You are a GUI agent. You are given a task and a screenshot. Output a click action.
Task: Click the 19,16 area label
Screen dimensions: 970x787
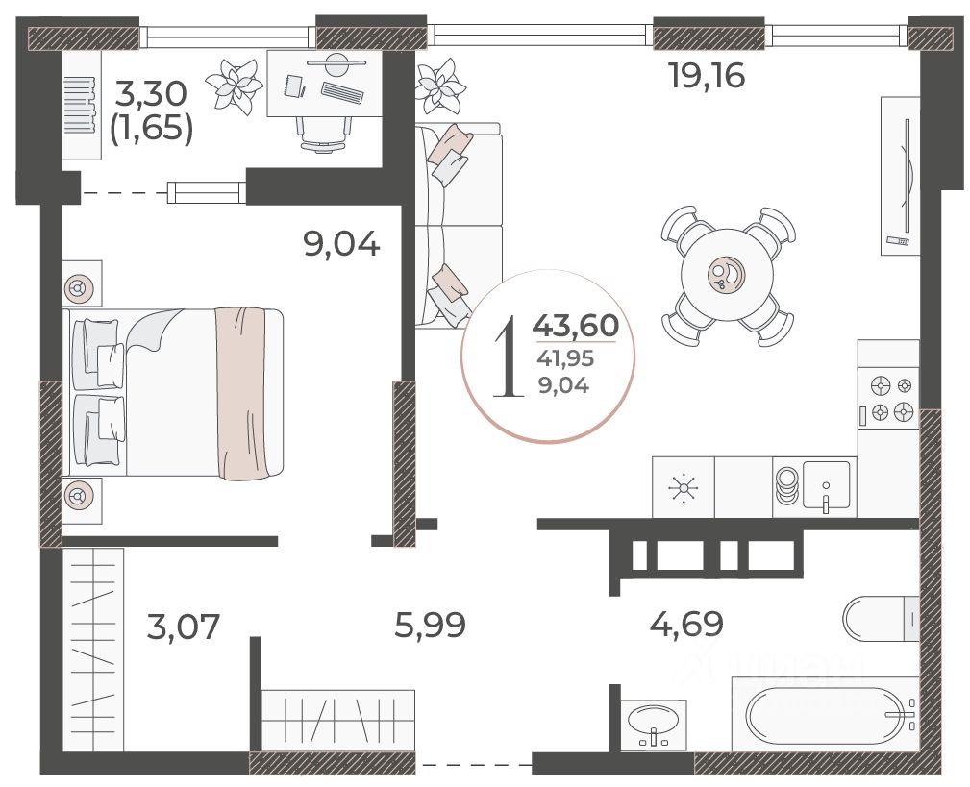[x=708, y=76]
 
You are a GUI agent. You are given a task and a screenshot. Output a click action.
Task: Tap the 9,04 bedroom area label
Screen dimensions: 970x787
[x=341, y=244]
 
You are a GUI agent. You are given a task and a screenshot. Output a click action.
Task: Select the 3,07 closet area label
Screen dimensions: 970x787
[x=183, y=627]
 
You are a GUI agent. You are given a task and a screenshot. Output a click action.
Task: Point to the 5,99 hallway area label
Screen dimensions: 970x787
[x=431, y=625]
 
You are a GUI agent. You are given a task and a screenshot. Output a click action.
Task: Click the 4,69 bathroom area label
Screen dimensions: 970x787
[x=686, y=624]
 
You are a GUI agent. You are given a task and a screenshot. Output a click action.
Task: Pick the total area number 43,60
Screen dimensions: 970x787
[x=576, y=325]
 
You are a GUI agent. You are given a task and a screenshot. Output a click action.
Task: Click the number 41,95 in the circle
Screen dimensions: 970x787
[x=566, y=357]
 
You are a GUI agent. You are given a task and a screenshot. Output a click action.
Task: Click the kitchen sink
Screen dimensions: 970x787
[x=826, y=485]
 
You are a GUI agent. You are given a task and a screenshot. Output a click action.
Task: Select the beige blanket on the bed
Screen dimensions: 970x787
[x=240, y=393]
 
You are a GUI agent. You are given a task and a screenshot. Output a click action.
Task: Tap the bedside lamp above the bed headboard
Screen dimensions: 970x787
[x=81, y=287]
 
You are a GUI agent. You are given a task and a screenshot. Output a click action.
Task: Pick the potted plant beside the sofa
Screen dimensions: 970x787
[x=440, y=86]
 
